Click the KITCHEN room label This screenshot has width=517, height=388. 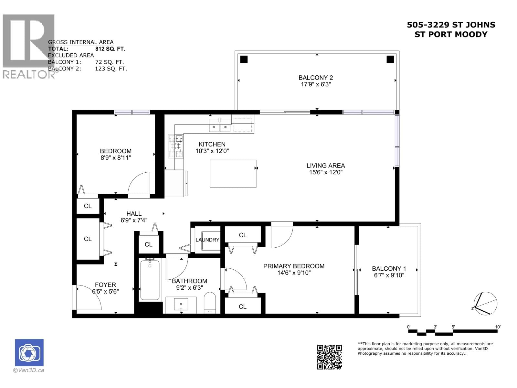coord(212,144)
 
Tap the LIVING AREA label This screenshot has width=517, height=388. coord(325,166)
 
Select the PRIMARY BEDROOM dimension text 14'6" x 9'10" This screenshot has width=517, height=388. coord(293,273)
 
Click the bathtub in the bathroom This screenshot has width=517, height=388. coord(150,280)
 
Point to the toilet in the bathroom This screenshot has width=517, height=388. coord(210,303)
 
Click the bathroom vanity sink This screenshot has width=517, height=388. coord(181,305)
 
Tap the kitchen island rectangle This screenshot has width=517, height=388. coord(233,174)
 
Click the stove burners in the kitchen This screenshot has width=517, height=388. coord(176,146)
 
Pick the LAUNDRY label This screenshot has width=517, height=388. coord(207,240)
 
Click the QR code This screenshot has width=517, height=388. coord(329,357)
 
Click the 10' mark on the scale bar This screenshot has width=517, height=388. coord(498,327)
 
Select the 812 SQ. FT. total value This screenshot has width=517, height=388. coord(110,49)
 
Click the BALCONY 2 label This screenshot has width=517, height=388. coord(315,78)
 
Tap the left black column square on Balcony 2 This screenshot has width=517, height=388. coord(244,59)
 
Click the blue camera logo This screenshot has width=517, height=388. coord(29,352)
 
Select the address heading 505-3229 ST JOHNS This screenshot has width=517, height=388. coord(451,25)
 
